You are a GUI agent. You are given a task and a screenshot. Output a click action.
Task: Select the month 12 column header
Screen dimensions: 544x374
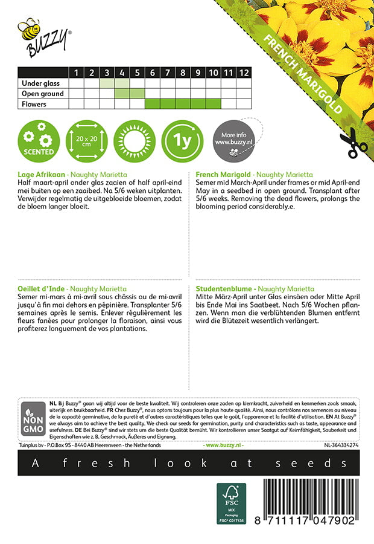(x=243, y=73)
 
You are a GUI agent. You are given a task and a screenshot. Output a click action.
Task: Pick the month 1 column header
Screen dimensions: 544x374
(x=77, y=73)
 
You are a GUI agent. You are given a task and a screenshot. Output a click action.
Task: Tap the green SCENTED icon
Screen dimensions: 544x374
(x=39, y=140)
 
